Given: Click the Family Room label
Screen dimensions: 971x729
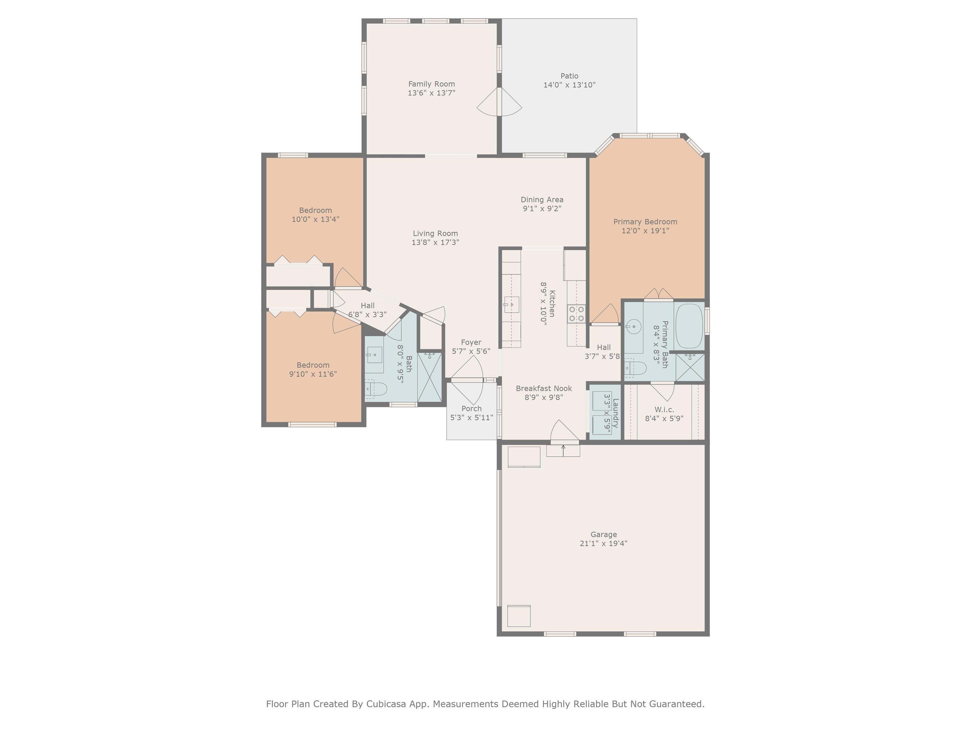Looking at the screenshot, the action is (431, 84).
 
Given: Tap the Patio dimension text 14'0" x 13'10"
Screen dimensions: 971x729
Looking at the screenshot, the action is (569, 85).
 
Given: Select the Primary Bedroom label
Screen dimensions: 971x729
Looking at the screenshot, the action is (645, 222).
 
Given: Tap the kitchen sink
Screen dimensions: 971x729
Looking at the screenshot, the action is (511, 304).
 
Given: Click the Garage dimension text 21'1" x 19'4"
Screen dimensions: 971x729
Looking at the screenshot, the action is (604, 543).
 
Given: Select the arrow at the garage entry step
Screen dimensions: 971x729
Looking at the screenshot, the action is (563, 451).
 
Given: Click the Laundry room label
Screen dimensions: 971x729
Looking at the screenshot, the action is (615, 413).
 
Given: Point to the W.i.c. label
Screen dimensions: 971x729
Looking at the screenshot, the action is (664, 409).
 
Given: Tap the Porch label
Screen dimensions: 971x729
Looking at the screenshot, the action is (472, 409).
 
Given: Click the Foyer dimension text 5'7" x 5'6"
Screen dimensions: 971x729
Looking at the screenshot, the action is (471, 351).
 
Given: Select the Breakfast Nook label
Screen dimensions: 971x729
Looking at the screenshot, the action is (544, 389).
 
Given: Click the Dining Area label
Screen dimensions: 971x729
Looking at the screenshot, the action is (542, 200).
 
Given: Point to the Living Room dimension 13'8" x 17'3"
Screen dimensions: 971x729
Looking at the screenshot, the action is (436, 242).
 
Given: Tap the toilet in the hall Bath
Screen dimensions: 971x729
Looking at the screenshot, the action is (376, 389).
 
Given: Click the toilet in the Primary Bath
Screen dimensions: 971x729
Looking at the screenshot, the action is (635, 368).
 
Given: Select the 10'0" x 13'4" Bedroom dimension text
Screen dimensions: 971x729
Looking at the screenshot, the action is (316, 219).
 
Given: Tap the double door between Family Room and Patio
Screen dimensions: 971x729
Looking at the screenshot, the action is (499, 102).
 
